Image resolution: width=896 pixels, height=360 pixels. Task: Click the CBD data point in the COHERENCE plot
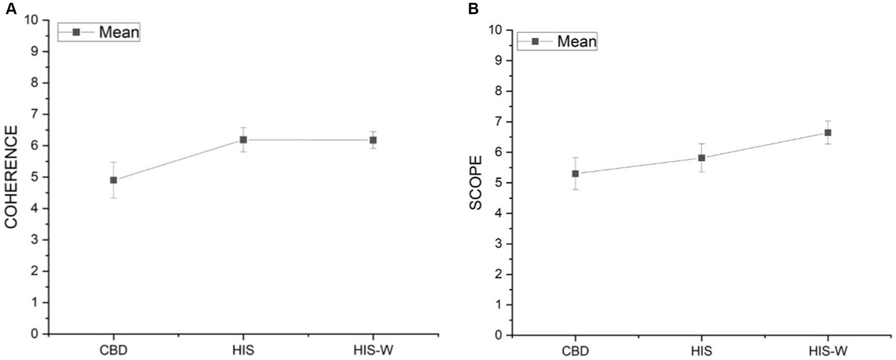tap(113, 180)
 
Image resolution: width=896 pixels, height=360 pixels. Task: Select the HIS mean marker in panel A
tap(243, 139)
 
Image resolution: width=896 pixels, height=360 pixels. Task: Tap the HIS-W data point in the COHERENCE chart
tap(373, 140)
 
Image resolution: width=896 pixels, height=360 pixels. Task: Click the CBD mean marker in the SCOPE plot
tap(575, 173)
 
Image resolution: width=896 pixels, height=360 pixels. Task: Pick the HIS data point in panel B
tap(702, 158)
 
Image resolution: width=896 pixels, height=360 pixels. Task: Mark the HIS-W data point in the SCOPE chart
tap(828, 132)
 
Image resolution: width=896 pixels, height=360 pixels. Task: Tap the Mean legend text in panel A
tap(118, 32)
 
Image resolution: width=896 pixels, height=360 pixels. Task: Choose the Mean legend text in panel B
tap(577, 41)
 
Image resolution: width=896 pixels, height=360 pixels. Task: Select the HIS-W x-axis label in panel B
tap(828, 352)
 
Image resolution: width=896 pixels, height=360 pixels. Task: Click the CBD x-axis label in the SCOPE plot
tap(575, 352)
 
